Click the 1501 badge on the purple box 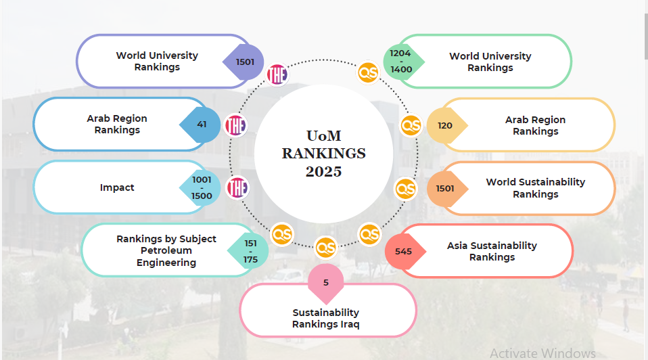click(244, 62)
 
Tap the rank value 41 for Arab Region click(202, 125)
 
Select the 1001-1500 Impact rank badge click(202, 187)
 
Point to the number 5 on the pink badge click(325, 282)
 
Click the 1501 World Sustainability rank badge click(445, 188)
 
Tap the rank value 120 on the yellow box click(445, 125)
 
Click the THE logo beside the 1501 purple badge click(277, 74)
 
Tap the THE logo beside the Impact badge click(237, 187)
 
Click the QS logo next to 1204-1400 click(369, 71)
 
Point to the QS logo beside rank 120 click(411, 125)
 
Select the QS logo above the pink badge click(325, 247)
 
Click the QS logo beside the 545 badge click(369, 235)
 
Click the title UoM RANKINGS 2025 click(323, 154)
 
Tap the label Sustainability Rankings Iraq click(325, 318)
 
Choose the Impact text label click(117, 187)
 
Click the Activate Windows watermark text click(542, 353)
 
